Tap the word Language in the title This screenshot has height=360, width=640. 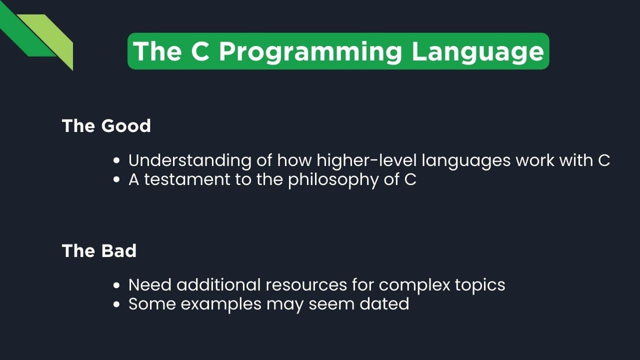pos(477,51)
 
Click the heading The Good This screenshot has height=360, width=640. pos(106,125)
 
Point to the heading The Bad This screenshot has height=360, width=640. pos(99,250)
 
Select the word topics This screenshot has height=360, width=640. pos(479,285)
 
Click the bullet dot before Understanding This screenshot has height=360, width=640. pos(116,161)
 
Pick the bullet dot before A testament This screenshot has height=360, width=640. pos(116,180)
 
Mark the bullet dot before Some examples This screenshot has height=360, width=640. pos(116,304)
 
